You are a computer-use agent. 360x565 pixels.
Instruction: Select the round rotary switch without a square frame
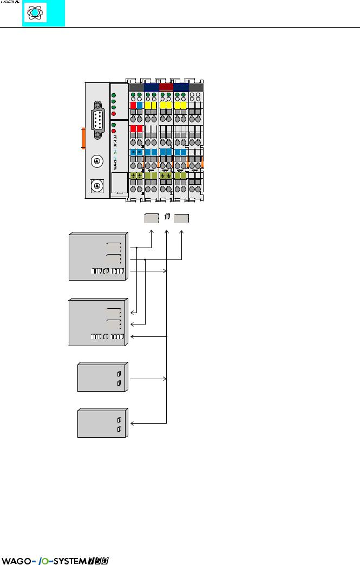(x=96, y=160)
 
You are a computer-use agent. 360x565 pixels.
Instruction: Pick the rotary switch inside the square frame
(x=96, y=186)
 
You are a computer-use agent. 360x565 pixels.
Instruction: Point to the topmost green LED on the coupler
(x=113, y=95)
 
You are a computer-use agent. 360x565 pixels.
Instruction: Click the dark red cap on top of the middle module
(x=166, y=87)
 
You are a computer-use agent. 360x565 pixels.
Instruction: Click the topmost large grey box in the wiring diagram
(x=97, y=256)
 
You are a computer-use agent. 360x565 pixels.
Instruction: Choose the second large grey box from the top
(x=97, y=321)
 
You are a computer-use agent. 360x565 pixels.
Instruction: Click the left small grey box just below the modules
(x=151, y=218)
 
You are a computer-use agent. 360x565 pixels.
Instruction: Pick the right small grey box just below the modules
(x=181, y=218)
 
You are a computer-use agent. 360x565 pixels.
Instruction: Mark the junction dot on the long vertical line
(x=167, y=336)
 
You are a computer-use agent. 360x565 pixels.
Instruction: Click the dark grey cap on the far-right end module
(x=196, y=87)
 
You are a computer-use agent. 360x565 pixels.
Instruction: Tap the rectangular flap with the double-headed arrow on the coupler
(x=119, y=184)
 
